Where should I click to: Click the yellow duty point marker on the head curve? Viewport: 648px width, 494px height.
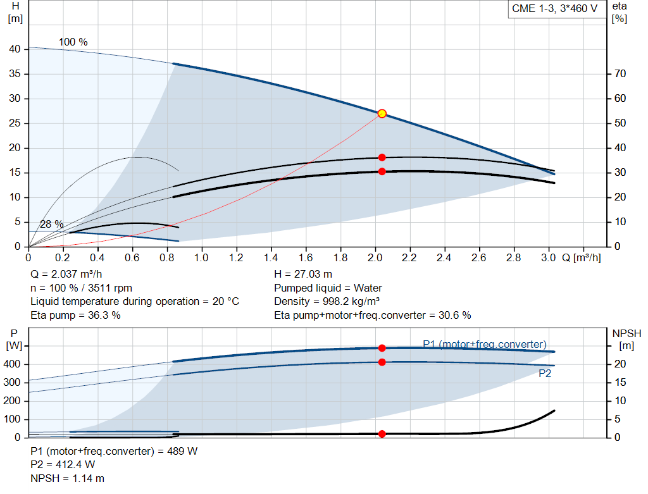(x=382, y=113)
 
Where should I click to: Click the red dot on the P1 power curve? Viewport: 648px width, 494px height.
(x=382, y=348)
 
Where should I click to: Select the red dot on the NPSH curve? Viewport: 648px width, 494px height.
(x=382, y=434)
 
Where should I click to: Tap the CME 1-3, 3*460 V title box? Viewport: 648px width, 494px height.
(x=554, y=9)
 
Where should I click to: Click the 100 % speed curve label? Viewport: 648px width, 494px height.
(x=73, y=42)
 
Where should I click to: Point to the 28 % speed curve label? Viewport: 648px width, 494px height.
(x=52, y=225)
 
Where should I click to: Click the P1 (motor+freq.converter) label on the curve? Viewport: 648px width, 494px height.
(x=484, y=344)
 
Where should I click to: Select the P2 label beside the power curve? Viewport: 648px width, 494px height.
(x=545, y=374)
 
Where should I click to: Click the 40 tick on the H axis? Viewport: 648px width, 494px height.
(x=15, y=49)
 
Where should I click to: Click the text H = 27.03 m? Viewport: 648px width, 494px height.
(x=303, y=275)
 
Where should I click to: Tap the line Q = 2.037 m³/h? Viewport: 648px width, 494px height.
(x=66, y=275)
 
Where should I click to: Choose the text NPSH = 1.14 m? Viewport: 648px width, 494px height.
(x=68, y=478)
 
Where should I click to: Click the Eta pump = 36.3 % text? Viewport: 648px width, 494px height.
(x=75, y=315)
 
